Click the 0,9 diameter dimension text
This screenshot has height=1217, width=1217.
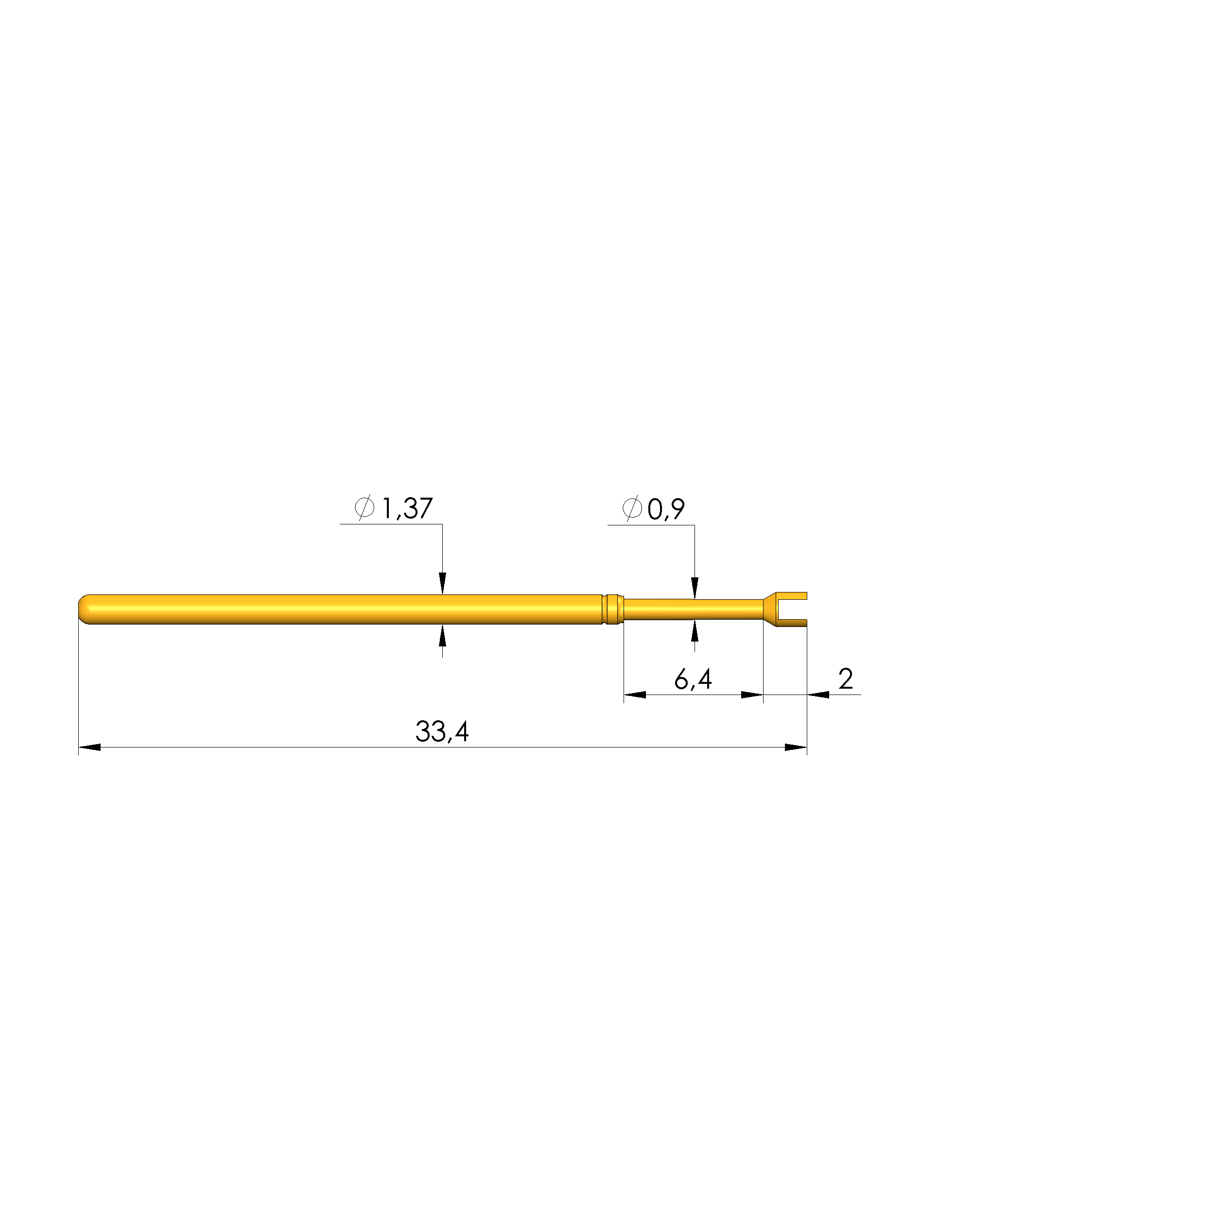(x=666, y=509)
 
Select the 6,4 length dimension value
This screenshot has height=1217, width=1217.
(x=693, y=679)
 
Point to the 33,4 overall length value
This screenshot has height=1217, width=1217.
(x=442, y=731)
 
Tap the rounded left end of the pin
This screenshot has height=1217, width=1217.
(x=86, y=609)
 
